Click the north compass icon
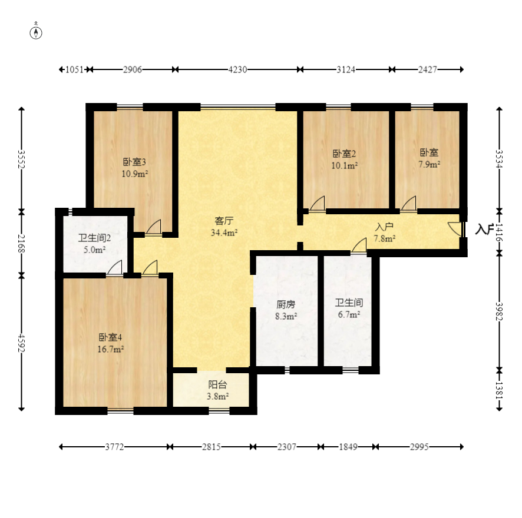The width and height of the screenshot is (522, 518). (37, 32)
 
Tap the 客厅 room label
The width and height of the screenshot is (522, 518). (224, 221)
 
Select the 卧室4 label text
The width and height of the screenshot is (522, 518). (111, 338)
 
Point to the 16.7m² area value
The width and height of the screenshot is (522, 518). (111, 349)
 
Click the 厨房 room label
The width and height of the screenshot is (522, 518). (286, 305)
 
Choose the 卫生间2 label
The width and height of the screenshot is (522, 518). (95, 238)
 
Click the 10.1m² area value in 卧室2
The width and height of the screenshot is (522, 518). (345, 165)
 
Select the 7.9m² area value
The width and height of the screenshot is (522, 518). (429, 164)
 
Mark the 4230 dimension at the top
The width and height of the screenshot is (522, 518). (237, 69)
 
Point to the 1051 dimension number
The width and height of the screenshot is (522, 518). (74, 69)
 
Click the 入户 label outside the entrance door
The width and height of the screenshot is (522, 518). (484, 229)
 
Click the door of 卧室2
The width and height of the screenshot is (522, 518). (318, 204)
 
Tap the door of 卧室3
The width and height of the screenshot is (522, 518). (154, 227)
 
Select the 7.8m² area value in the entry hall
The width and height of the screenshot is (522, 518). (385, 238)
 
